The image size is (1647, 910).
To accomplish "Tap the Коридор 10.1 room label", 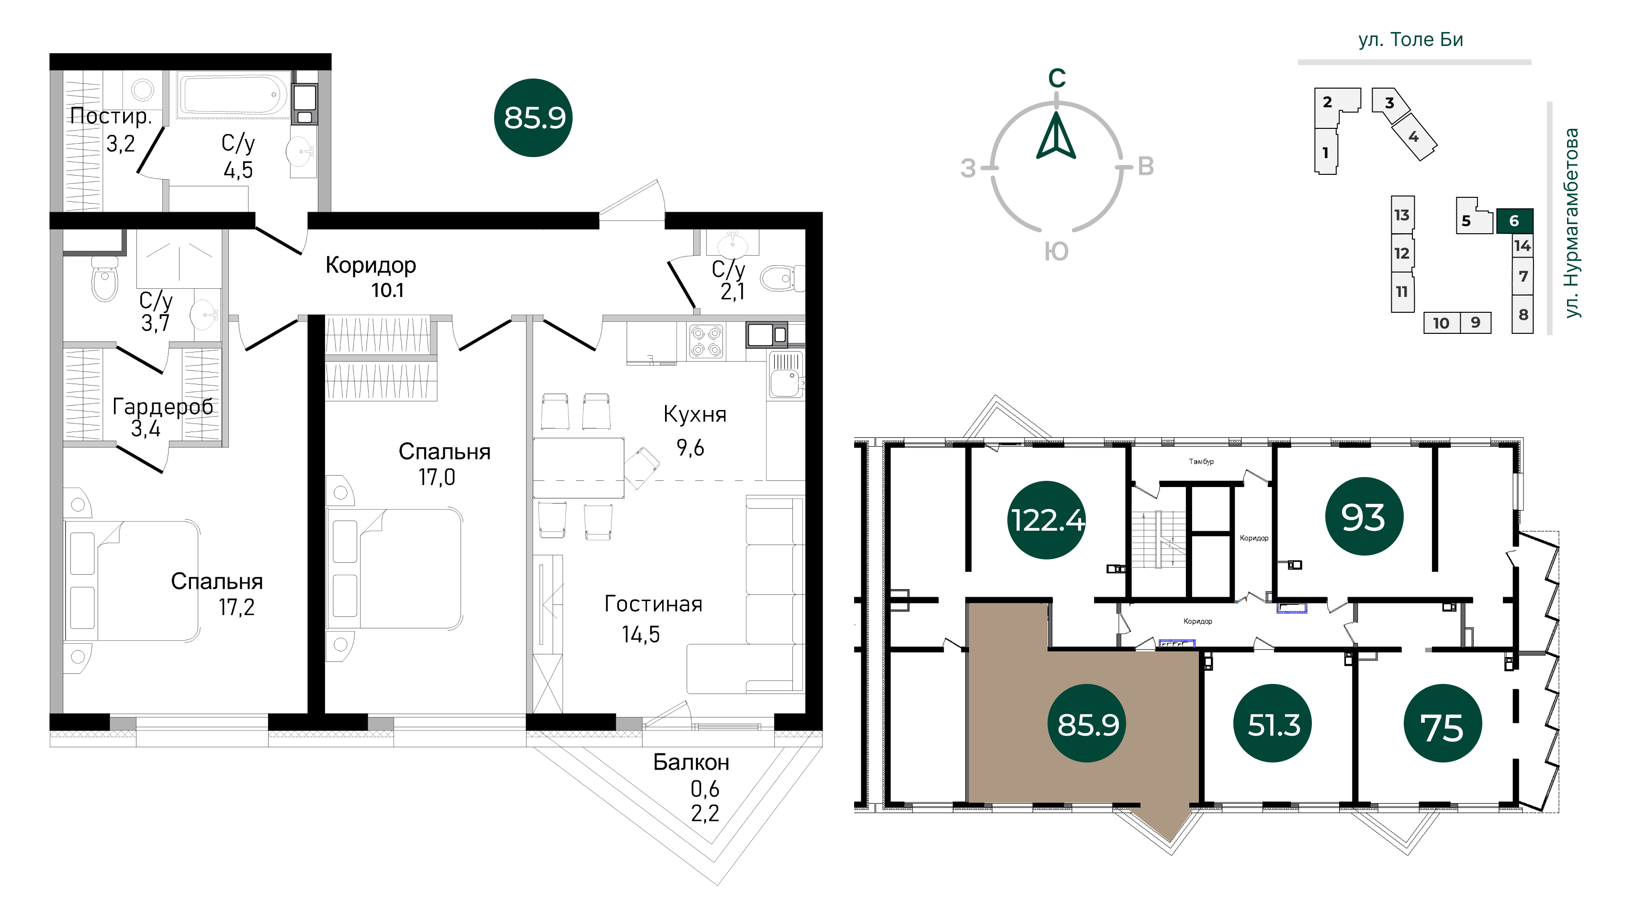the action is click(371, 277).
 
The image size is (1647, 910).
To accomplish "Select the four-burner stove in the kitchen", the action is click(706, 341).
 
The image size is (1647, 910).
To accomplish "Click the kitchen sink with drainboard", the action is click(786, 375).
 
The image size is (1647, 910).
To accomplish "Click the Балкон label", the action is click(691, 762).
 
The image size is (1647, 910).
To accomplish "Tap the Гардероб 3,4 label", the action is click(162, 417).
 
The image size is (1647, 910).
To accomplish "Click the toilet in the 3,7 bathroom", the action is click(105, 279).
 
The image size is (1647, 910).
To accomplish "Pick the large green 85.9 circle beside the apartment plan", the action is click(533, 118).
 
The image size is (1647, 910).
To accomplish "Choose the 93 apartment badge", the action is click(1363, 516).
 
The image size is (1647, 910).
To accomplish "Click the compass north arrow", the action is click(1056, 136).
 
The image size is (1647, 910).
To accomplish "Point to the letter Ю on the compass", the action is click(1056, 252).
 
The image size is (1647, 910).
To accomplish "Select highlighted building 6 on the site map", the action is click(1514, 221).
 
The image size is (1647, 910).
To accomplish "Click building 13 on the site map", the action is click(1402, 215).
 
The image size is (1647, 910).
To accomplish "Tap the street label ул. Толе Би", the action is click(1410, 40).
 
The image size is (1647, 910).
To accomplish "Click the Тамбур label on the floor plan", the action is click(1201, 462).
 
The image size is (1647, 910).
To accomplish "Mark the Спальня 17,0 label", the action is click(444, 464).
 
